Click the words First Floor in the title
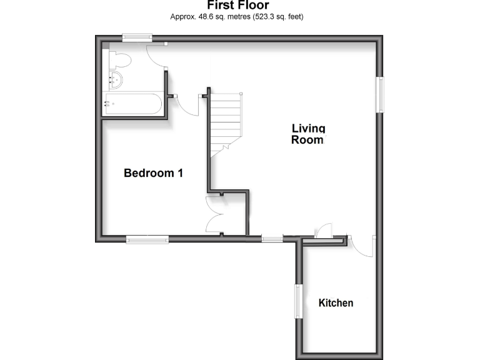(237, 6)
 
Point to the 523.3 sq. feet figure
(276, 17)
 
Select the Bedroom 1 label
(153, 173)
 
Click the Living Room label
(309, 134)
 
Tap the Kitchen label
(336, 303)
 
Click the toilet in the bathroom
(119, 60)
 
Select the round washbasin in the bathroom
(114, 79)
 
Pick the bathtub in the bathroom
(133, 104)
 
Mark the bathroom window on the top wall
(137, 37)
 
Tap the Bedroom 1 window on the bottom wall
(147, 238)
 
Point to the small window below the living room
(272, 238)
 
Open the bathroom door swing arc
(156, 57)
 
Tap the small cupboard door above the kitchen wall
(325, 231)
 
